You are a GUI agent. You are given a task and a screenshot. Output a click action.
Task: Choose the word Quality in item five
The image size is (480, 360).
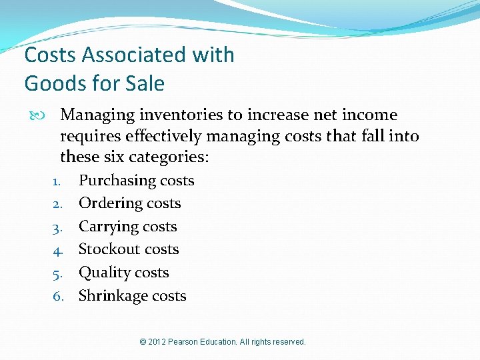click(104, 273)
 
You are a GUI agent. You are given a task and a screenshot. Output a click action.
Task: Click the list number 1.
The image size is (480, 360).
click(57, 181)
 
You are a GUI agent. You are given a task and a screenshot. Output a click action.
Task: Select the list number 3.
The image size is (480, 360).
click(57, 227)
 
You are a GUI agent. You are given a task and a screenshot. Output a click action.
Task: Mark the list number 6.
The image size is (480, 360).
click(57, 297)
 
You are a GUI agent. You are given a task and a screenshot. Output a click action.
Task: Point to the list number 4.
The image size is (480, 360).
click(57, 250)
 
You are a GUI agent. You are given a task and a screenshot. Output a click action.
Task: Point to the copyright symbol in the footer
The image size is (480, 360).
click(143, 342)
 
